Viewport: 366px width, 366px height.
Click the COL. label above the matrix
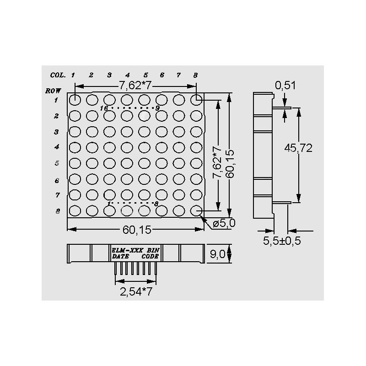click(x=58, y=75)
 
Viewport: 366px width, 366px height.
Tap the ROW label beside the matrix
click(x=53, y=91)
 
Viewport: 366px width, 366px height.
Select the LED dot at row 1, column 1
click(x=75, y=100)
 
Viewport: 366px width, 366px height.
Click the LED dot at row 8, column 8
click(x=196, y=211)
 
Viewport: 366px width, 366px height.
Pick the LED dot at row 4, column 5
click(x=144, y=147)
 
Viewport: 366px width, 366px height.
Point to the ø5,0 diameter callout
click(x=224, y=224)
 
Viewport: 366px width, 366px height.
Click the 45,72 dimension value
click(x=298, y=148)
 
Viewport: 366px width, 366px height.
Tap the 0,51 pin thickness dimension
click(x=285, y=86)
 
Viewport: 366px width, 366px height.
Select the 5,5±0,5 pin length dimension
click(x=282, y=241)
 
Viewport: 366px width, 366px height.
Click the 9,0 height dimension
click(x=217, y=254)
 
